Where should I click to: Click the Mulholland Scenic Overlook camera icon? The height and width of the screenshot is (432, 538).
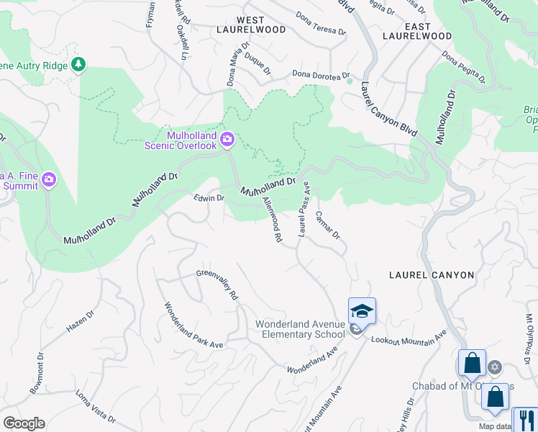(227, 138)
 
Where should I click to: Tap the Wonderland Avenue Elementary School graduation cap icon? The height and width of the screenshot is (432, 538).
(362, 311)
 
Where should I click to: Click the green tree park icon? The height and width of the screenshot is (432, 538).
(78, 66)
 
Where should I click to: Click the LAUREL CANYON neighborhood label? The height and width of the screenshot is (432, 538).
(431, 275)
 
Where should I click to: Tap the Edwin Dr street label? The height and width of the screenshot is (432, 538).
(209, 198)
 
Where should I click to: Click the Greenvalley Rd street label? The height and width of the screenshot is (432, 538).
(217, 284)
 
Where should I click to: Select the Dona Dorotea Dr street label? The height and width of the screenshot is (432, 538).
(320, 75)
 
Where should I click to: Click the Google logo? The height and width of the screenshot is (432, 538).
(23, 423)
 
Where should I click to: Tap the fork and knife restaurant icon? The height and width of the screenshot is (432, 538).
(524, 420)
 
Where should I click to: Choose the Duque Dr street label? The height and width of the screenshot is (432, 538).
(257, 63)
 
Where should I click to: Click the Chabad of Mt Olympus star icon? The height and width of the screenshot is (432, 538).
(494, 368)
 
